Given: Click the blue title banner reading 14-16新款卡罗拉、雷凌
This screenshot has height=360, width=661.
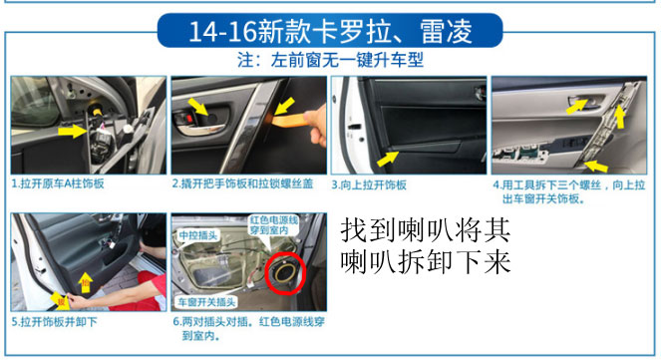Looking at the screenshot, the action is tap(330, 30).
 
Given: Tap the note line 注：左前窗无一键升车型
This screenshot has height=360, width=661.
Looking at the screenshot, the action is tap(330, 60).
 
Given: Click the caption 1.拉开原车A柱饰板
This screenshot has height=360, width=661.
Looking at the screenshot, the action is tap(58, 183).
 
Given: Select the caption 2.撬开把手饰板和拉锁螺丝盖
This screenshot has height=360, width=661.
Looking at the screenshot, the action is tap(243, 183).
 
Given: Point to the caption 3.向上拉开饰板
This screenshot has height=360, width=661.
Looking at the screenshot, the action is tap(369, 185).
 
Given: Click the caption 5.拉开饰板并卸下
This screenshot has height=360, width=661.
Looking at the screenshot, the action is tap(55, 322).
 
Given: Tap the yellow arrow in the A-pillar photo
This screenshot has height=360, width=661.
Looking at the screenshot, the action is tap(73, 131).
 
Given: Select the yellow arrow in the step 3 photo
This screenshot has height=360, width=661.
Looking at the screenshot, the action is tap(388, 159).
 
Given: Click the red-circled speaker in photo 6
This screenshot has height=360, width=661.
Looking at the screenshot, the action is tap(285, 273).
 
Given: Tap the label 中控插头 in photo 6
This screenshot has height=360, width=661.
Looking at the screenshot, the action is tap(198, 235).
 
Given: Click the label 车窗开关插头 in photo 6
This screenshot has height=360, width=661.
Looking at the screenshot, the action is tap(206, 302).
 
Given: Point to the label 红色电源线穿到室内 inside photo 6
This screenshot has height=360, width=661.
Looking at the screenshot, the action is tap(274, 225).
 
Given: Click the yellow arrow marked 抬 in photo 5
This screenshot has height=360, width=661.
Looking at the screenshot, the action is tap(86, 282).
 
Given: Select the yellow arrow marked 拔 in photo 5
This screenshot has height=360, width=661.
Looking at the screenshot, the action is tap(60, 301).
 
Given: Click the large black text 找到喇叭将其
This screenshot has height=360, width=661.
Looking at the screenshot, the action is tap(426, 230).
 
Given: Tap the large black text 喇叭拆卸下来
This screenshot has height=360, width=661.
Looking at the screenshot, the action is tap(426, 262).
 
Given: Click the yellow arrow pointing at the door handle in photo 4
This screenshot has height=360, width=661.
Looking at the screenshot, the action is tap(576, 107).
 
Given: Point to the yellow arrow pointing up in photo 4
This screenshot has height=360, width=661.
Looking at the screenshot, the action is tap(619, 117).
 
